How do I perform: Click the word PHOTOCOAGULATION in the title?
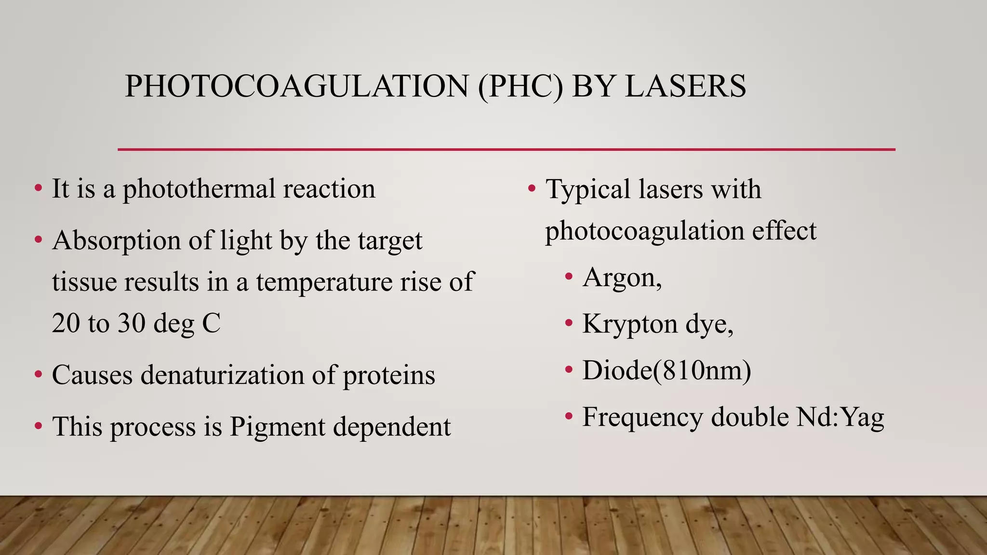click(x=296, y=87)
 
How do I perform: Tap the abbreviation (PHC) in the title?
click(x=520, y=87)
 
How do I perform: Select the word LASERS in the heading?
click(x=685, y=87)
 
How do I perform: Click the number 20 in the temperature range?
click(x=66, y=323)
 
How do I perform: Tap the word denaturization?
click(x=222, y=375)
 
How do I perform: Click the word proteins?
click(x=389, y=376)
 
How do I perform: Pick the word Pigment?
click(x=278, y=427)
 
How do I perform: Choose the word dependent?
click(x=392, y=427)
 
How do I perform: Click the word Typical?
click(x=588, y=189)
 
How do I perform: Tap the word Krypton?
click(x=630, y=324)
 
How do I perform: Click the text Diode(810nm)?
click(x=667, y=370)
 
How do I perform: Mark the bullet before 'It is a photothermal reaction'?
click(x=38, y=188)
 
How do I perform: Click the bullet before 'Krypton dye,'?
click(x=569, y=323)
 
